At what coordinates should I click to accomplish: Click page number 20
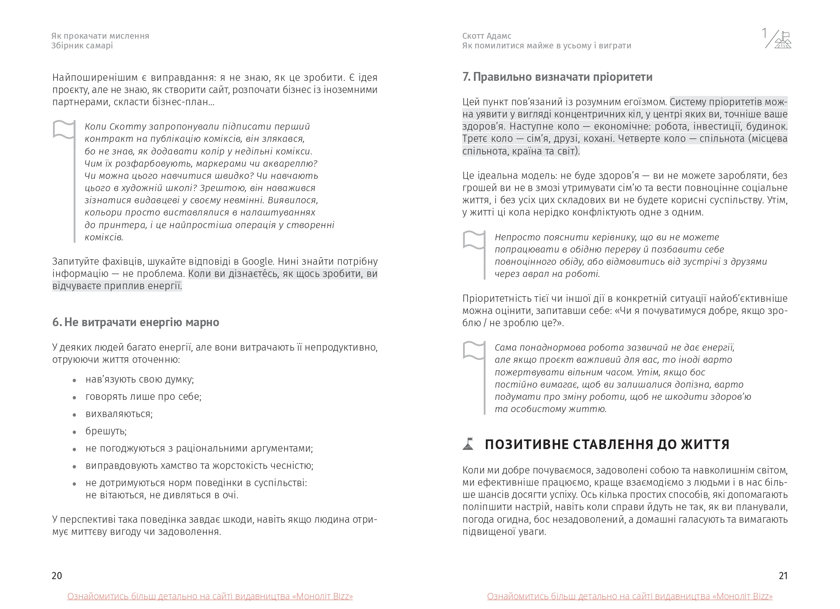pos(57,576)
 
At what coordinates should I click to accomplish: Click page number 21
pos(783,576)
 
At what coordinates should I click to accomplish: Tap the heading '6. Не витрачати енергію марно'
pos(135,322)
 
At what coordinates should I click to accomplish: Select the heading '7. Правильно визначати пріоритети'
pos(557,77)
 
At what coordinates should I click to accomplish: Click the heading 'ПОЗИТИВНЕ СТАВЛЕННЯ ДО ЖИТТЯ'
pos(607,444)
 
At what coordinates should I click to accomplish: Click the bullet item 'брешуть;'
pos(106,431)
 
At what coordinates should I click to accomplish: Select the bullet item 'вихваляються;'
pos(119,414)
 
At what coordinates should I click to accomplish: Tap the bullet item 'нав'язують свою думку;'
pos(140,379)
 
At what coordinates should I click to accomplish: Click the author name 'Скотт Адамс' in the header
pos(487,36)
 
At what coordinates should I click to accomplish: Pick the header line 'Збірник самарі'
pos(82,46)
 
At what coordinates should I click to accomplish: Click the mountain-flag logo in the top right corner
pos(782,40)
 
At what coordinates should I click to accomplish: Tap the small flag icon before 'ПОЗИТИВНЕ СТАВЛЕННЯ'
pos(468,444)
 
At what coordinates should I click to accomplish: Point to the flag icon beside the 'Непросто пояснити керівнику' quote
pos(474,240)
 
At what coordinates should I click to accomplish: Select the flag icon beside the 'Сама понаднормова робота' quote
pos(474,350)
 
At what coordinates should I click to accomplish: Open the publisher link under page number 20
pos(210,596)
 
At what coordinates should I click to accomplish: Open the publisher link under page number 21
pos(630,596)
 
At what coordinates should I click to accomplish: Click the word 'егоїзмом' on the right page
pos(647,102)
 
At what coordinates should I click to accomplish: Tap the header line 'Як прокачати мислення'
pos(100,36)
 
